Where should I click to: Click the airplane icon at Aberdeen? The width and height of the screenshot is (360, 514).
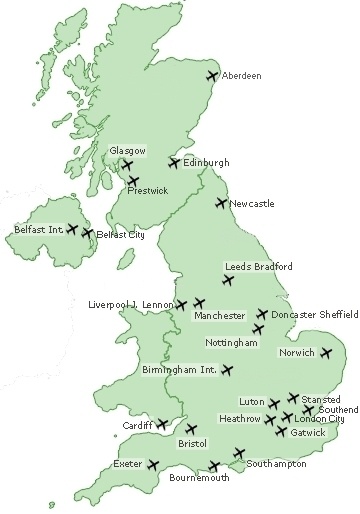[x=211, y=75]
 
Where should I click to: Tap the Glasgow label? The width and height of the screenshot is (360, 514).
[x=128, y=150]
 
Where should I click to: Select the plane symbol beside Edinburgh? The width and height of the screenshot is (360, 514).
[x=175, y=162]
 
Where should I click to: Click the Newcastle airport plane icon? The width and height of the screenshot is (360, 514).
[x=222, y=204]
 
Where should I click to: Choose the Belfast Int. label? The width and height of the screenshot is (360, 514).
[x=39, y=229]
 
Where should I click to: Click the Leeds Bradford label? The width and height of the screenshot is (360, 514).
[x=259, y=267]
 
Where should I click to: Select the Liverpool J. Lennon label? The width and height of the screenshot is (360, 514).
[x=131, y=304]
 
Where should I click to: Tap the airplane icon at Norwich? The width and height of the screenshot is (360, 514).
[x=326, y=352]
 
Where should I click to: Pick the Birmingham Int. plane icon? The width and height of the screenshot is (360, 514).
[x=227, y=370]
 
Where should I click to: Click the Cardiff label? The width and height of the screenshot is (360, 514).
[x=138, y=425]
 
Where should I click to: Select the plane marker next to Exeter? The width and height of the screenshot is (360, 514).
[x=153, y=464]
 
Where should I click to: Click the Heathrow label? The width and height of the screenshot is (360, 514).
[x=240, y=419]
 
